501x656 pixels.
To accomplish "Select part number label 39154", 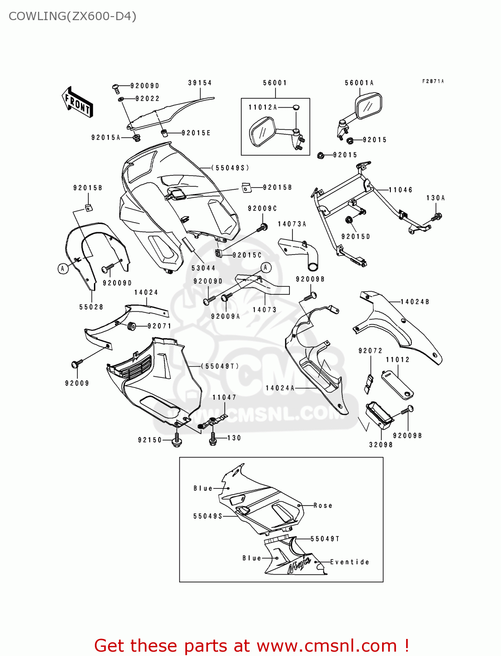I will click(200, 83).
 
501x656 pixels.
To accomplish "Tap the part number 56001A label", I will click(359, 83).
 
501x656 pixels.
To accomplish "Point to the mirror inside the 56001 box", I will click(262, 131).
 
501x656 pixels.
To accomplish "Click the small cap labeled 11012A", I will click(296, 107).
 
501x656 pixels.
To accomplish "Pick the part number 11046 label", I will click(400, 190).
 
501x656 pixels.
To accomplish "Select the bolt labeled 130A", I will click(437, 216).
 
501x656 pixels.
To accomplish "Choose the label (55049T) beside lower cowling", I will click(220, 366).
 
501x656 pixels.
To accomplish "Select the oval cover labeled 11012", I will click(397, 383).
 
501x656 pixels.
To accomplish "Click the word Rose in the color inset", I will click(323, 506).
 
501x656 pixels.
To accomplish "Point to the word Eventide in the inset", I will click(349, 562).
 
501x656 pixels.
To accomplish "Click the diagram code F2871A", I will click(433, 81).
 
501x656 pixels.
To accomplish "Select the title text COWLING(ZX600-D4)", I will click(73, 16).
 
